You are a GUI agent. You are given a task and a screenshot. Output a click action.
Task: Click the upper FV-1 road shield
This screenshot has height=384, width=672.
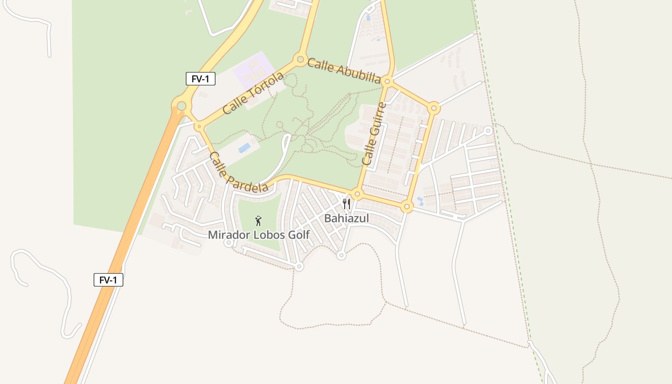point(201,79)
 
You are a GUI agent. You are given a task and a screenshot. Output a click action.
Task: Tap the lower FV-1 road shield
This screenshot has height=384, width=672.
point(108,280)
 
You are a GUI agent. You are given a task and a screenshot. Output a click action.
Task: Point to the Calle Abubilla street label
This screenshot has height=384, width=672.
point(344,71)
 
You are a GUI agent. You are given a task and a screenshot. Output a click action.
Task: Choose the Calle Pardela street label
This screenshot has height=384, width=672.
point(239,173)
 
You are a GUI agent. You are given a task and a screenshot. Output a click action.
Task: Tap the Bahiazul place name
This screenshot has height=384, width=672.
point(347,218)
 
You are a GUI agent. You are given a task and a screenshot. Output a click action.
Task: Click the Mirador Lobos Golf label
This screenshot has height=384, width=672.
point(259,235)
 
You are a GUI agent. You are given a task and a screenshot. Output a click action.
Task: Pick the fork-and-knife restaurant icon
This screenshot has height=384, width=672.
point(347,204)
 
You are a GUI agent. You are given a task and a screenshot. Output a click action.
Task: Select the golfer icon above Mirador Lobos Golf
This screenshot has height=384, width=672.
point(258,221)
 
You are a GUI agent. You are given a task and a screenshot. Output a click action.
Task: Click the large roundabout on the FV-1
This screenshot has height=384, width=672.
point(181,106)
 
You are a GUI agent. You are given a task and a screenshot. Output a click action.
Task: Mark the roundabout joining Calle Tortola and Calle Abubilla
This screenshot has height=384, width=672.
point(300,60)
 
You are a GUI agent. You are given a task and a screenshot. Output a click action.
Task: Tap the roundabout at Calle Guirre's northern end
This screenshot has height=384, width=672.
point(388,82)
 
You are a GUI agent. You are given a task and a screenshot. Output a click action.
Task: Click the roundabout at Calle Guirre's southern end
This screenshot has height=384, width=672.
point(357,194)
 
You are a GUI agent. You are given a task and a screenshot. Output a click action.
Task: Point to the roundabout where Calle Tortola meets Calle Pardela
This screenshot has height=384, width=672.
point(198,127)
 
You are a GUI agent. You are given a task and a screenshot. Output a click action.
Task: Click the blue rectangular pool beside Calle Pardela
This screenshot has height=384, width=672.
point(244,147)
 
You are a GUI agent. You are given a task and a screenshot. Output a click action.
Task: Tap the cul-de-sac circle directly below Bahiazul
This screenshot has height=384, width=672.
point(341,255)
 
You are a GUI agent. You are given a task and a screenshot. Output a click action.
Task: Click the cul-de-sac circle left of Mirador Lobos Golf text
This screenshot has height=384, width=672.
point(228,243)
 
